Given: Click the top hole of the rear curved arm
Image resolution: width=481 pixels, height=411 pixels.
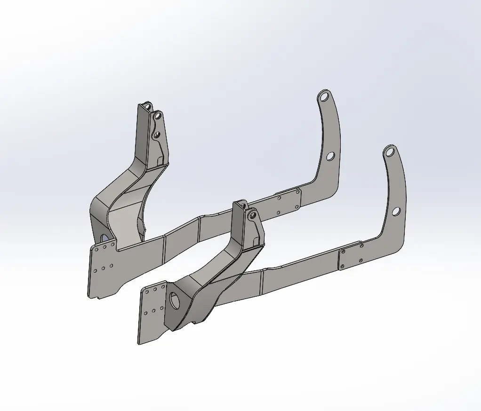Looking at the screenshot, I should pyautogui.click(x=323, y=98).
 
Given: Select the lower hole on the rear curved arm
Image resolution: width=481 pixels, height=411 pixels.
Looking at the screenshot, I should pyautogui.click(x=330, y=156).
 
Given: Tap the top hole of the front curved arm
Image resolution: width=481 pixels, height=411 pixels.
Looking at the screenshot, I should pyautogui.click(x=389, y=152).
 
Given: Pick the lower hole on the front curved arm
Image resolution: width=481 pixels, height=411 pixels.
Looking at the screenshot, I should pyautogui.click(x=396, y=212).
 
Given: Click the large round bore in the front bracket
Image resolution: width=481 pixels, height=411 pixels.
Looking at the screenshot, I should pyautogui.click(x=175, y=300).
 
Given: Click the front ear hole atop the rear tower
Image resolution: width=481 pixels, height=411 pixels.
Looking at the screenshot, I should pyautogui.click(x=158, y=115).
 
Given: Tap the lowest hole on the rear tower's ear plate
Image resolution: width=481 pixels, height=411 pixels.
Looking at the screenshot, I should pyautogui.click(x=157, y=135).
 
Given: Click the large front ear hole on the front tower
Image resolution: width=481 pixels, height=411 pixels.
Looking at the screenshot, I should pyautogui.click(x=252, y=215).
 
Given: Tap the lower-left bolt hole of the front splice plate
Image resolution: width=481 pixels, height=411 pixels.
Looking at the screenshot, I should pyautogui.click(x=343, y=268).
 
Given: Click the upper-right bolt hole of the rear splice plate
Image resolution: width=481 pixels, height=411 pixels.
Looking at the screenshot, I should pyautogui.click(x=297, y=191).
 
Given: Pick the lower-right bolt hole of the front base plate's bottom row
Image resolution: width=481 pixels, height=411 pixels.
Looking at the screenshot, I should pyautogui.click(x=162, y=308).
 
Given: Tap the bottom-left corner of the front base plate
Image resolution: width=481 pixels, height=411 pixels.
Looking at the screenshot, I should pyautogui.click(x=138, y=344).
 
